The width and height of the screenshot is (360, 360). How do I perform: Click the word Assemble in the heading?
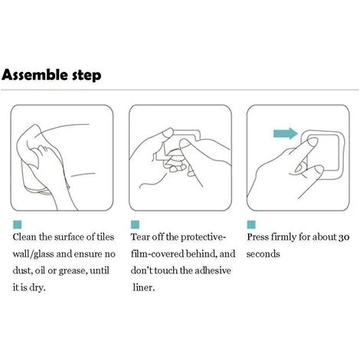tap(35, 75)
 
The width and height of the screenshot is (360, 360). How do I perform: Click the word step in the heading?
tap(87, 76)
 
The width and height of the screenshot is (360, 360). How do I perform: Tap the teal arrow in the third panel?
tap(286, 133)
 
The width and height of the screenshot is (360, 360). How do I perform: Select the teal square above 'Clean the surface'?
tap(17, 224)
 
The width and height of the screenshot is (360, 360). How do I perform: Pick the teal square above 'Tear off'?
tap(135, 224)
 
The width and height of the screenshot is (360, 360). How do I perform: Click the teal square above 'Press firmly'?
tap(251, 224)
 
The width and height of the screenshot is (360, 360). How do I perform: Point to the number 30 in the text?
tap(344, 237)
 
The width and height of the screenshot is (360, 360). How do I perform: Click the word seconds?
tap(263, 254)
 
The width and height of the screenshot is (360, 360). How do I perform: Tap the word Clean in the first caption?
tap(25, 237)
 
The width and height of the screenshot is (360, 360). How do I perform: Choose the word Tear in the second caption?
tap(140, 237)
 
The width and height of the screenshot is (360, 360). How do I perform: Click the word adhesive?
tap(213, 270)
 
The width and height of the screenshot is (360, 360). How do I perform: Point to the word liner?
tap(144, 288)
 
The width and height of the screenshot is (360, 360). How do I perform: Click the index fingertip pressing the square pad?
tap(313, 142)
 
